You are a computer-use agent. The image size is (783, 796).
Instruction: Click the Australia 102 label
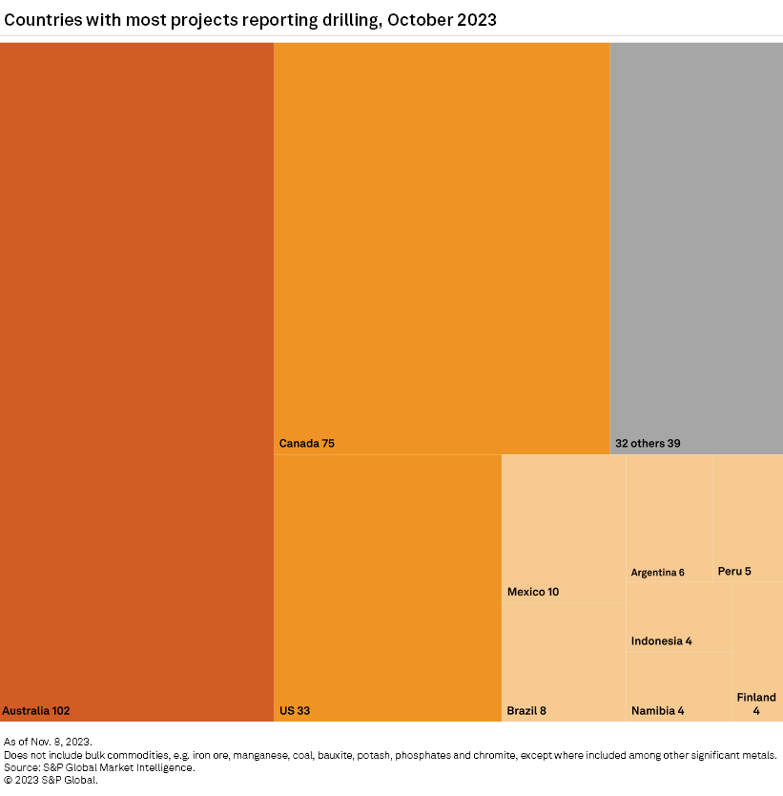(36, 710)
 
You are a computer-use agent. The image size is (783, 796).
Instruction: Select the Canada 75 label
(306, 443)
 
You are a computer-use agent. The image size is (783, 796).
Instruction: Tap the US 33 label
(295, 710)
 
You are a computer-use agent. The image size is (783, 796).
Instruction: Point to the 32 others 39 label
(648, 443)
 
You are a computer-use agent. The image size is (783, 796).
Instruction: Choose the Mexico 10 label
(533, 592)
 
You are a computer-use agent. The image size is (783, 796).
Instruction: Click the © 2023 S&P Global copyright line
(51, 780)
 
